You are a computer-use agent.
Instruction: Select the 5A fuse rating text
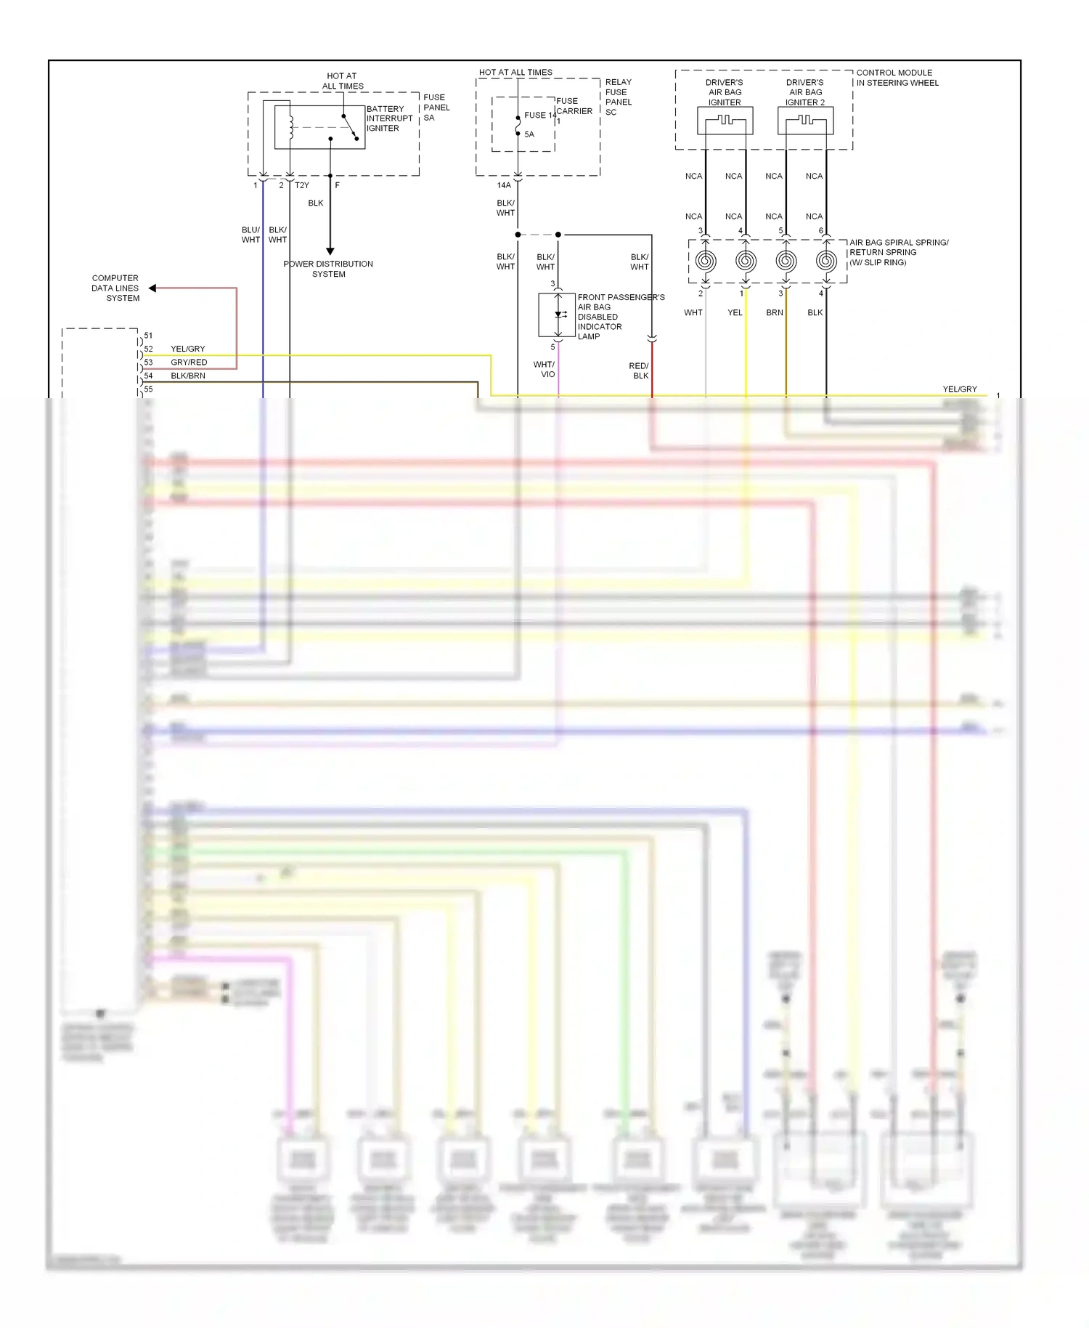tap(529, 134)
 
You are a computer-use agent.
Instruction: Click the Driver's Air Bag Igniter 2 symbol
tap(805, 121)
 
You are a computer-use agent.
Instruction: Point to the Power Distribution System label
tap(328, 269)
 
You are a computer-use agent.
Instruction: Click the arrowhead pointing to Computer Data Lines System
tap(152, 288)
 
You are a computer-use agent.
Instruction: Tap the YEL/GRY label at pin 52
tap(187, 349)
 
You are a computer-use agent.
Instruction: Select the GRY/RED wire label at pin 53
tap(189, 363)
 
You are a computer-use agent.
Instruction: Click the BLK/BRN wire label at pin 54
tap(188, 376)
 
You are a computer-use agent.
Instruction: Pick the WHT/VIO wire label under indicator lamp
tap(544, 370)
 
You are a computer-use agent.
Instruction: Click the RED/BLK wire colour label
tap(640, 371)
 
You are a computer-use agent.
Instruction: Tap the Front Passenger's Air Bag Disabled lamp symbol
tap(558, 315)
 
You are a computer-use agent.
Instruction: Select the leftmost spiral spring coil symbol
tap(706, 261)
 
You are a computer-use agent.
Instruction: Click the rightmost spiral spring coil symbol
tap(826, 261)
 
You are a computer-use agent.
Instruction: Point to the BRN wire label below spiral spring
tap(775, 312)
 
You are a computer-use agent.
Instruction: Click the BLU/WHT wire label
tap(250, 235)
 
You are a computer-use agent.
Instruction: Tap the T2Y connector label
tap(302, 185)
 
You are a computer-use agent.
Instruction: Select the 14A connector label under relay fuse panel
tap(504, 185)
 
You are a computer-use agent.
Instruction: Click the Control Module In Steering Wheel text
tap(897, 78)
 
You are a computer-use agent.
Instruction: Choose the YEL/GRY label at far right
tap(959, 389)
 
